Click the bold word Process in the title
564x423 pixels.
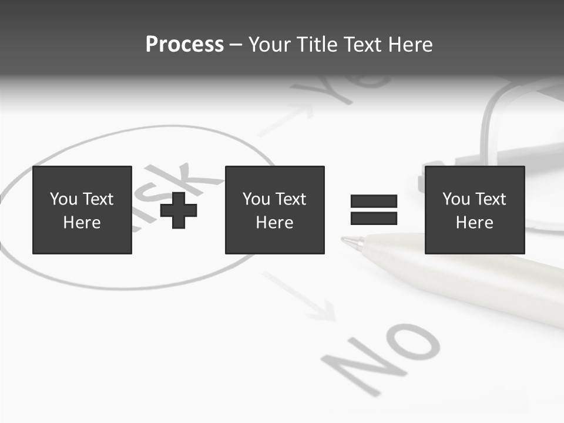pyautogui.click(x=184, y=45)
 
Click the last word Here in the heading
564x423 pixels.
pyautogui.click(x=409, y=45)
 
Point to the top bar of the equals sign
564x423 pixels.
pyautogui.click(x=374, y=202)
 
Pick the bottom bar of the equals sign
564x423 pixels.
pyautogui.click(x=374, y=219)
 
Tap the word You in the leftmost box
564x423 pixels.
pyautogui.click(x=63, y=199)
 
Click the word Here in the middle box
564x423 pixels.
pyautogui.click(x=274, y=223)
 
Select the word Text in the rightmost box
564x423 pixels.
pyautogui.click(x=491, y=199)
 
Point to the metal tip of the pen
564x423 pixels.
pyautogui.click(x=351, y=241)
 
